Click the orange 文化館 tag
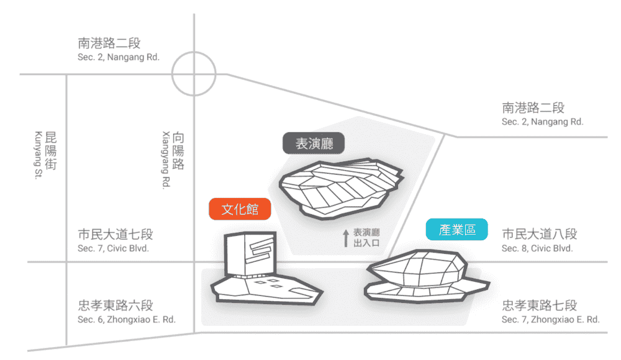(x=240, y=209)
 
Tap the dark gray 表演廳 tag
(x=314, y=143)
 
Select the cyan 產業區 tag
(x=456, y=229)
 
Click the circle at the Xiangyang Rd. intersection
(x=194, y=52)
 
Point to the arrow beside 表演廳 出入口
(x=346, y=238)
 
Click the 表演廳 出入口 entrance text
(x=366, y=238)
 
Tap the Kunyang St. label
(x=39, y=155)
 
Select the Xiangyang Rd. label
(x=166, y=160)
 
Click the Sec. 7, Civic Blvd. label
(x=113, y=248)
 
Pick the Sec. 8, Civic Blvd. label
(x=537, y=248)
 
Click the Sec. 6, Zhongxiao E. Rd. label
(x=126, y=319)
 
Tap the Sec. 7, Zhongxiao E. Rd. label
(x=550, y=319)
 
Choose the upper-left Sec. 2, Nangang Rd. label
(x=119, y=57)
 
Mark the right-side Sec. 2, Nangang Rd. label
(x=543, y=122)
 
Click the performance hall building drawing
(x=341, y=188)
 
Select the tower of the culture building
(x=250, y=254)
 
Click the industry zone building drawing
(x=427, y=276)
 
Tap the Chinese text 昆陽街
(x=51, y=150)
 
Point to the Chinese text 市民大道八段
(x=540, y=233)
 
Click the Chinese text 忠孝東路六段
(x=116, y=305)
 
